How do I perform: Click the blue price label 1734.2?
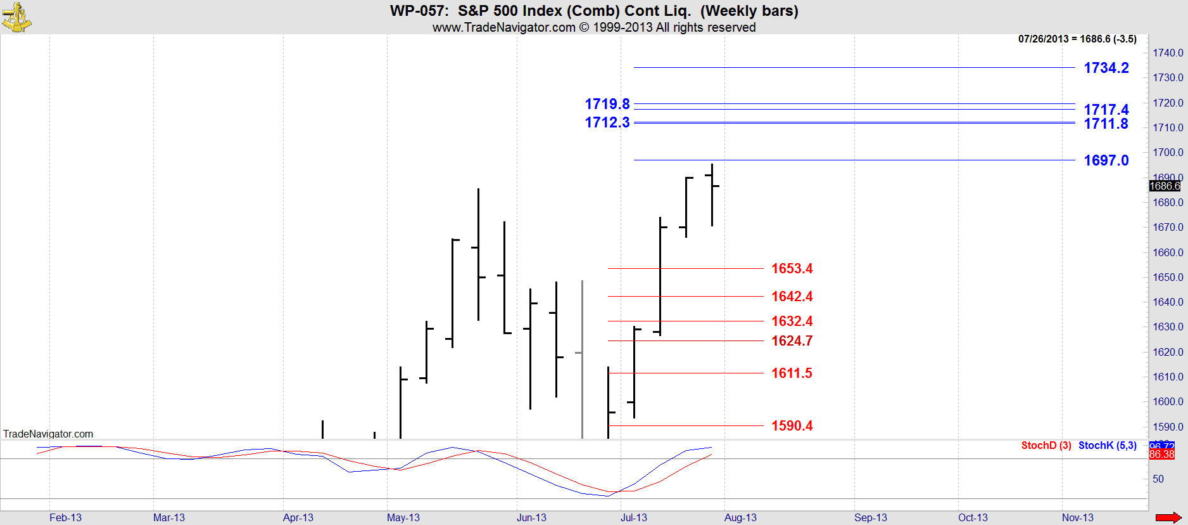(x=1106, y=68)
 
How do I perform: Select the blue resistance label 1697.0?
(x=1106, y=160)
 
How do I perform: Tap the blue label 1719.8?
(x=607, y=104)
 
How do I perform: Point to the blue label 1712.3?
(x=607, y=122)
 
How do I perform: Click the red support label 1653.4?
(x=792, y=269)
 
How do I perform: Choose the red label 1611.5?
(x=792, y=373)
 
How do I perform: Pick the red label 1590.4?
(x=792, y=426)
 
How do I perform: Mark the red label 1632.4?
(x=792, y=321)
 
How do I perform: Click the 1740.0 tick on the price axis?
(x=1167, y=53)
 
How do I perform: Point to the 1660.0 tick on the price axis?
(x=1167, y=252)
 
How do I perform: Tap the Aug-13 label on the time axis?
(x=740, y=517)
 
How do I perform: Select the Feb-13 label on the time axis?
(x=65, y=517)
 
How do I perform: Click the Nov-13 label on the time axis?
(x=1077, y=517)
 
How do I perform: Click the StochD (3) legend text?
(x=1046, y=445)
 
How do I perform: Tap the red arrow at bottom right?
(x=1168, y=517)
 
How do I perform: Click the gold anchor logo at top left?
(x=16, y=17)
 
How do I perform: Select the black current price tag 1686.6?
(x=1165, y=186)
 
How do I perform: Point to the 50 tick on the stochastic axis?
(x=1158, y=479)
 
